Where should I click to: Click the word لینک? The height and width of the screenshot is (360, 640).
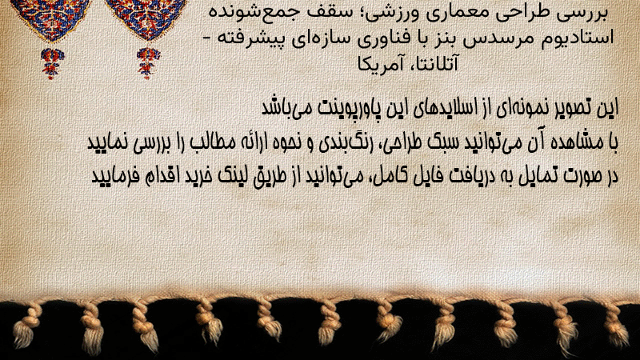point(233,176)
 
